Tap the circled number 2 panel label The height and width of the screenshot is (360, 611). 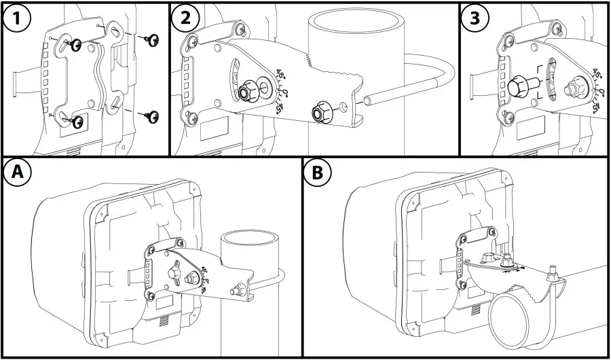185,18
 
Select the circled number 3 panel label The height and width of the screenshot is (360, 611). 475,18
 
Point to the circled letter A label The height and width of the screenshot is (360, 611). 19,174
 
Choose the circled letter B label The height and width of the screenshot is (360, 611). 317,174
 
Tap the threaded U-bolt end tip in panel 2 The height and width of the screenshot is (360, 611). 367,102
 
